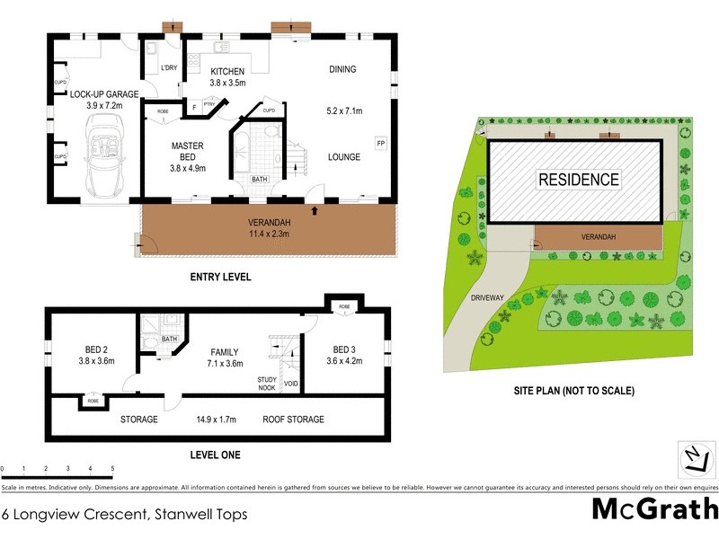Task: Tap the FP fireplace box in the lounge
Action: click(x=380, y=142)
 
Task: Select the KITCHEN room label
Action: click(x=227, y=71)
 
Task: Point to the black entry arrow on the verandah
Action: click(x=315, y=210)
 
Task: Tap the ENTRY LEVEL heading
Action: click(x=220, y=277)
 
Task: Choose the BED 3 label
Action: click(x=345, y=349)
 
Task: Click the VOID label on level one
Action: click(x=290, y=384)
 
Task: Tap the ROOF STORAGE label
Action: click(x=293, y=419)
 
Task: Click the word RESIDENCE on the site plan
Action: click(x=579, y=180)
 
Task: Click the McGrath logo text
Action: click(x=654, y=508)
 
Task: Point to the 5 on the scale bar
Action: click(x=111, y=469)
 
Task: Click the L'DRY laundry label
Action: click(x=168, y=68)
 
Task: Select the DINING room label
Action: click(x=342, y=69)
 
